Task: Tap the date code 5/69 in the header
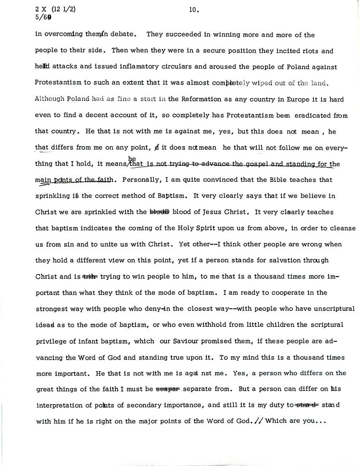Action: tap(43, 18)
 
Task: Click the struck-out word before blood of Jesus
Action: tap(160, 212)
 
